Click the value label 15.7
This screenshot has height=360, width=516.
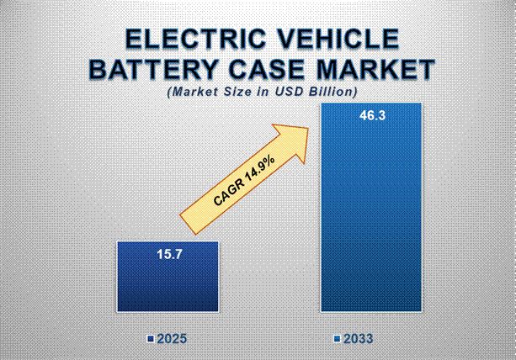tap(168, 254)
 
